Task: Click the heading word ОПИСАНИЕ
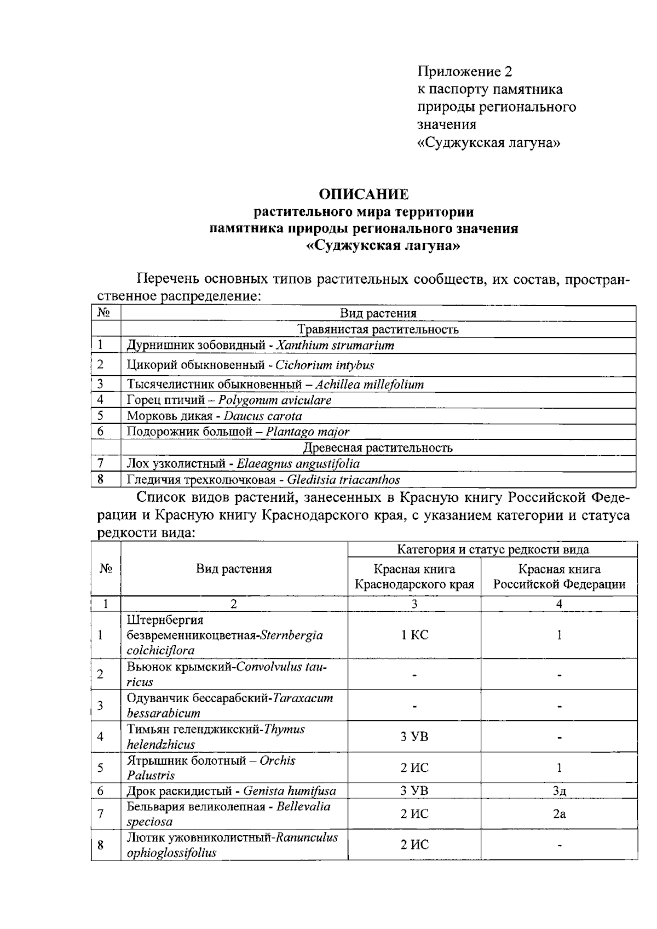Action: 364,194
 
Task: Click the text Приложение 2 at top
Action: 465,71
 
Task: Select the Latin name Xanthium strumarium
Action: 335,346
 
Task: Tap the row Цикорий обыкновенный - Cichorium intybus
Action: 250,365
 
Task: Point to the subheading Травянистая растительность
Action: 378,330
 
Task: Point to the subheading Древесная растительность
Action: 378,448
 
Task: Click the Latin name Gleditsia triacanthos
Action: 343,480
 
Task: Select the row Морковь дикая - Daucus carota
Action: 214,416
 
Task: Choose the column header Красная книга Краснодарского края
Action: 414,577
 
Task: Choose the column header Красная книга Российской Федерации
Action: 559,577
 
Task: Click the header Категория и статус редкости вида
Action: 492,549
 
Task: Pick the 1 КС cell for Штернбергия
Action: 414,635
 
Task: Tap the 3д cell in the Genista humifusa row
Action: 559,791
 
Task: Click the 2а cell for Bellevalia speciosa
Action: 559,814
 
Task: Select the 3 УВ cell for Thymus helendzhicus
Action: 414,737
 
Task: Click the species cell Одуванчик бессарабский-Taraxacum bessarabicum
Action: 230,706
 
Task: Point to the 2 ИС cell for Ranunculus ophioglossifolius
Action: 414,845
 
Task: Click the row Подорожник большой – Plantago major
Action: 238,432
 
